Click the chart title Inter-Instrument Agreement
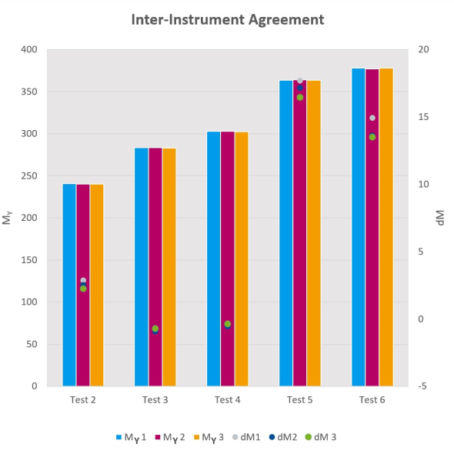(x=227, y=19)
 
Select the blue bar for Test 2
(x=69, y=285)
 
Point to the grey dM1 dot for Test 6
(x=372, y=118)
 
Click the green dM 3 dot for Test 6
(x=372, y=137)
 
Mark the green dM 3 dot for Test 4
(x=228, y=324)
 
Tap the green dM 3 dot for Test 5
(x=300, y=98)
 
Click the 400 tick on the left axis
(x=29, y=50)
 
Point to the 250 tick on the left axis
(x=29, y=176)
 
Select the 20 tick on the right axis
(x=422, y=50)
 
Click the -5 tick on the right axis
(x=422, y=386)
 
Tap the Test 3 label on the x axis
(x=155, y=400)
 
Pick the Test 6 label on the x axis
(x=372, y=400)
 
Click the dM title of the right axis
(x=441, y=218)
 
